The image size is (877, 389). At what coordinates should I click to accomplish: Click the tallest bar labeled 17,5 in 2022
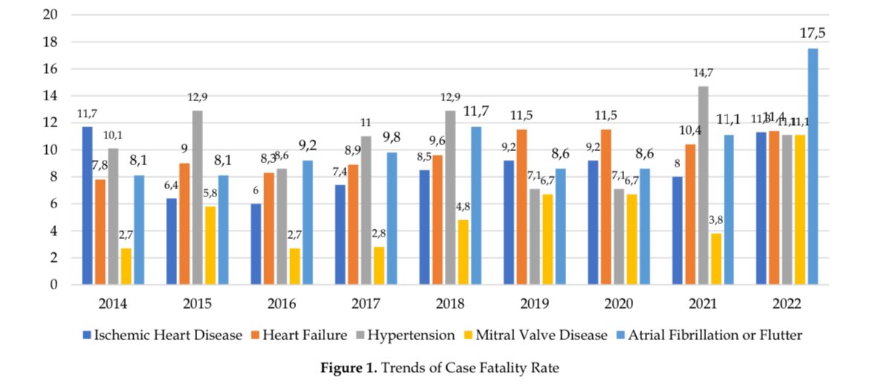pyautogui.click(x=813, y=167)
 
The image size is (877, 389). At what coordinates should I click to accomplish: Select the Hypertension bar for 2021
pyautogui.click(x=703, y=186)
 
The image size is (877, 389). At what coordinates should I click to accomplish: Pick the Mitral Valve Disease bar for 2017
pyautogui.click(x=379, y=266)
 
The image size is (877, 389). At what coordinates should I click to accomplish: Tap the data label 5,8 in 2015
pyautogui.click(x=211, y=193)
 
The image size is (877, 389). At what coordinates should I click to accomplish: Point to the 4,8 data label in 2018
pyautogui.click(x=464, y=206)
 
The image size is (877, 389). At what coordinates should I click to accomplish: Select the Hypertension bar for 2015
pyautogui.click(x=197, y=198)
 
